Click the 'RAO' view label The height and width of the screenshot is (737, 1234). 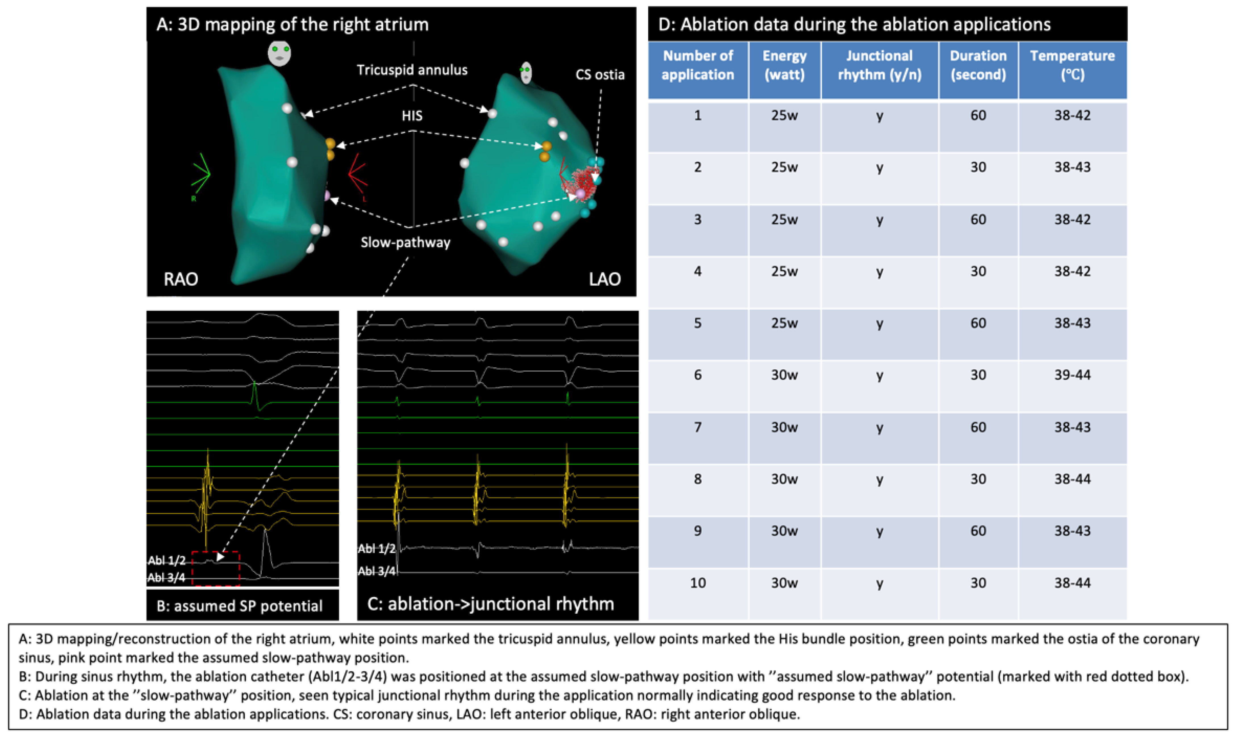[x=181, y=279]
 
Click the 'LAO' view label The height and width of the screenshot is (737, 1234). [x=604, y=279]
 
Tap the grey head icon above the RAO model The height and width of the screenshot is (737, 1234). [x=279, y=53]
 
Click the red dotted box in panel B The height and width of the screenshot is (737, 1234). [x=216, y=568]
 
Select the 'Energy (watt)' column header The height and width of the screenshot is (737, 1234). [x=784, y=65]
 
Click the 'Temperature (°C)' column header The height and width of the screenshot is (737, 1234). [x=1072, y=65]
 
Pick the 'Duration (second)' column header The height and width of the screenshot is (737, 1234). [x=978, y=65]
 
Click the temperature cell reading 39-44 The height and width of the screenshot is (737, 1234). [x=1072, y=375]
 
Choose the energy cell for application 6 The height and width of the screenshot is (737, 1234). [x=784, y=375]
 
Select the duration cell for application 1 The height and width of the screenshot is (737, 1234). [x=978, y=116]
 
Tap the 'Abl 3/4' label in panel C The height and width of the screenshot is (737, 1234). [x=376, y=571]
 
